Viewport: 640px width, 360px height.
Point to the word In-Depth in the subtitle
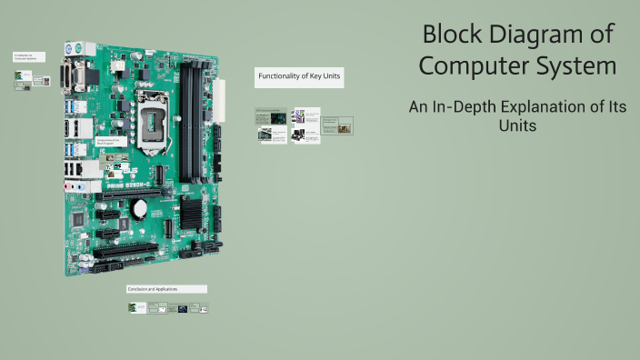[x=466, y=107]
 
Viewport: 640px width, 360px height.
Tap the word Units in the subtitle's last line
[x=517, y=125]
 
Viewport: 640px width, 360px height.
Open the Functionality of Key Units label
[x=299, y=77]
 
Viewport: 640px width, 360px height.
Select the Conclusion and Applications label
[x=166, y=289]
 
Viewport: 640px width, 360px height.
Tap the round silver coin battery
[x=139, y=208]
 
